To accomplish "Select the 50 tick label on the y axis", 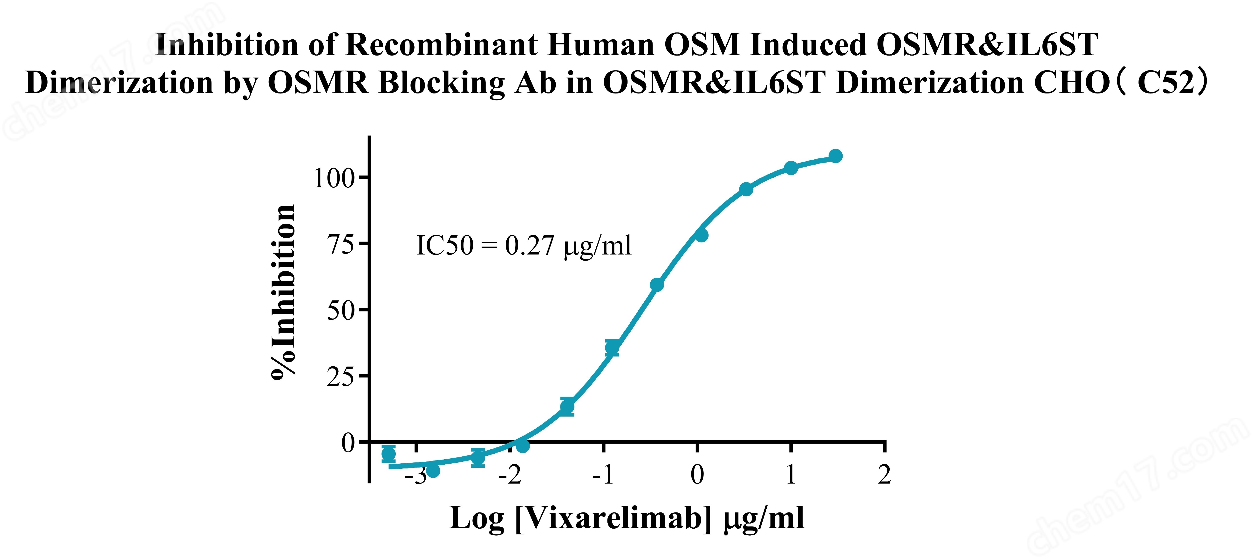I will coord(341,311).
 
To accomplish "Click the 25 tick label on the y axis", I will coord(341,377).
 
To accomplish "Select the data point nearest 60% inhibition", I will coord(657,285).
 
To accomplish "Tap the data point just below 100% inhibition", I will coord(746,189).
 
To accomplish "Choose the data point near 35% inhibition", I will coord(612,347).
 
